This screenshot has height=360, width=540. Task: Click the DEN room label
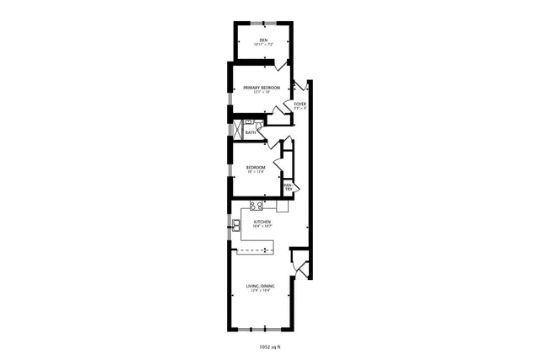click(x=262, y=40)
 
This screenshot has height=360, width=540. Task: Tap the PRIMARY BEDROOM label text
click(x=262, y=88)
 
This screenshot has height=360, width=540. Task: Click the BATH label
click(x=251, y=132)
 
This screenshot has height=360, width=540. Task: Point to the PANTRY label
click(x=288, y=187)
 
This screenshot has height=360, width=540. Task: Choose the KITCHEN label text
click(x=262, y=222)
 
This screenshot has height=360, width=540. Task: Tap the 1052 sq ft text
click(x=269, y=346)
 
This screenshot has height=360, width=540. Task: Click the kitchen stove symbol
click(x=256, y=205)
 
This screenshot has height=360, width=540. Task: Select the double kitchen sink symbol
click(x=236, y=224)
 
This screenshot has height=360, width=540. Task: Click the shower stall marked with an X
click(x=237, y=132)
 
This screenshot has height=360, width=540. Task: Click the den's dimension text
click(x=262, y=45)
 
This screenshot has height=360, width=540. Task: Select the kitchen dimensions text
click(x=262, y=227)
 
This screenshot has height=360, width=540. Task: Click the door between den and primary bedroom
click(x=272, y=62)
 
